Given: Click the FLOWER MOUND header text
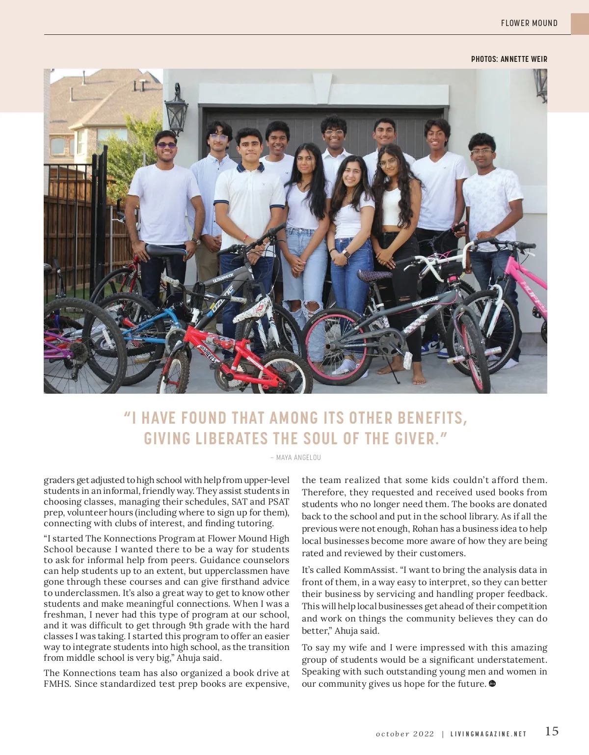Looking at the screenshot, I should [x=529, y=23].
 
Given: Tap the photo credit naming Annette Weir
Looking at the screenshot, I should [x=509, y=59].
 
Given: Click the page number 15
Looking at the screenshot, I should [x=552, y=731].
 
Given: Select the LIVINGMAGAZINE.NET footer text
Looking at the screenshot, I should [x=488, y=734].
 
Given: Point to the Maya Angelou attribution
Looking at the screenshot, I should [x=295, y=458].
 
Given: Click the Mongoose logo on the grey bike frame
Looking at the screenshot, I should [x=425, y=300].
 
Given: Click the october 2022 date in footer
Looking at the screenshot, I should [x=405, y=734].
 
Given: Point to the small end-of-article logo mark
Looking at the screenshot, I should [x=492, y=684].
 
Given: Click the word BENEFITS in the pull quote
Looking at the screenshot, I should [x=431, y=418].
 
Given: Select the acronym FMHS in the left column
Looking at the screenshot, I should [x=57, y=684].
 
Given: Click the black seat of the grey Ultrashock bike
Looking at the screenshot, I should [x=165, y=251].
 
